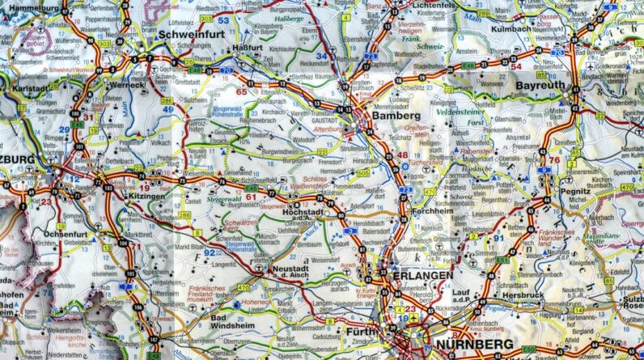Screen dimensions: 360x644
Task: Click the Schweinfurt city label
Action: (x=193, y=35)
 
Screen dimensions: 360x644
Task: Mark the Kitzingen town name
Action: (x=145, y=195)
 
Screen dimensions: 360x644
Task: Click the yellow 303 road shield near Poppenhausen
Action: (x=206, y=18)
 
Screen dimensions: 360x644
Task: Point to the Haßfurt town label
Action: (x=248, y=48)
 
